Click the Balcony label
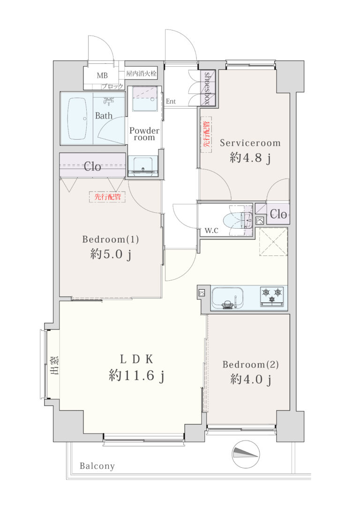(x=97, y=466)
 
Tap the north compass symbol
(x=246, y=454)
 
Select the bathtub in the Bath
(x=77, y=119)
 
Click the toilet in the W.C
(x=240, y=220)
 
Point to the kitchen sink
(x=227, y=298)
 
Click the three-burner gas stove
(x=272, y=296)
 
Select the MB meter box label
(x=102, y=75)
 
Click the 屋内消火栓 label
(x=141, y=74)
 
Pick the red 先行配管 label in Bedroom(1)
(x=107, y=197)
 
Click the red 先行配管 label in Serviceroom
(x=206, y=135)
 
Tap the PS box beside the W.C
(x=259, y=221)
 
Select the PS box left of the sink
(x=202, y=293)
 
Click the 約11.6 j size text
(x=136, y=375)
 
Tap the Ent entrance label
(x=171, y=101)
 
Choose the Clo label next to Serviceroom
(x=278, y=214)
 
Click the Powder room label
(x=144, y=134)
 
